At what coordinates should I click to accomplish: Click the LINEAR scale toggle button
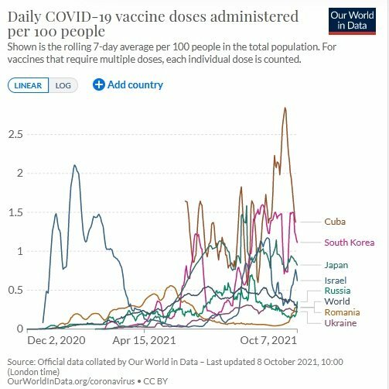[28, 85]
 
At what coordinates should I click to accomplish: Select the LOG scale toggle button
[63, 85]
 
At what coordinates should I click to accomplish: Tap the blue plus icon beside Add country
[99, 84]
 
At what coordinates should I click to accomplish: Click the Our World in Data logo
[352, 21]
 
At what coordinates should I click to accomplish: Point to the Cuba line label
[335, 222]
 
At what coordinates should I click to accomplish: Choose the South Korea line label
[350, 243]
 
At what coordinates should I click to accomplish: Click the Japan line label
[336, 265]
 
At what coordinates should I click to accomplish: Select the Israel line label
[336, 281]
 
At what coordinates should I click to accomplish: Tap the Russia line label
[337, 291]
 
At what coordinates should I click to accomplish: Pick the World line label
[337, 301]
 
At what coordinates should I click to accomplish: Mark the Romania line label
[342, 312]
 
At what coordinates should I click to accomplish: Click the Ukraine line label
[340, 323]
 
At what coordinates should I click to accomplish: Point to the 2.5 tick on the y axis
[15, 135]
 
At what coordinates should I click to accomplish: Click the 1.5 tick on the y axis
[15, 212]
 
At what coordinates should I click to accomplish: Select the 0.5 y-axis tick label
[15, 290]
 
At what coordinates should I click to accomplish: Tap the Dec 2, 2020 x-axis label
[56, 340]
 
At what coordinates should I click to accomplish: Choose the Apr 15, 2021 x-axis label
[144, 340]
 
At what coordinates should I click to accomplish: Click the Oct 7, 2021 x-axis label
[268, 340]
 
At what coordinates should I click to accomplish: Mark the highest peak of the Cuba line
[285, 108]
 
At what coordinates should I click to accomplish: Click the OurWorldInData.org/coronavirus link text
[71, 381]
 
